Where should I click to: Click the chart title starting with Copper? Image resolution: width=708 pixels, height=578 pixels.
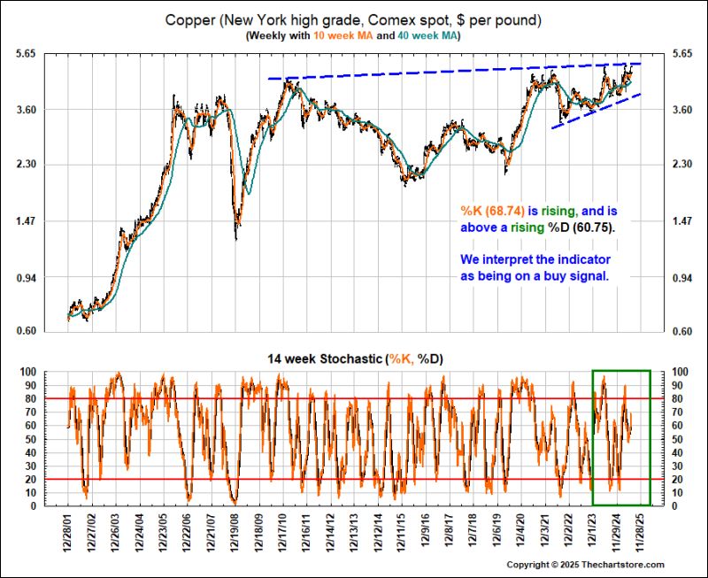pyautogui.click(x=353, y=19)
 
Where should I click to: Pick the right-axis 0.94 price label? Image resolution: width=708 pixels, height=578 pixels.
pyautogui.click(x=683, y=278)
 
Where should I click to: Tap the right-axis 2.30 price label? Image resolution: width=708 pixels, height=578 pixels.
pyautogui.click(x=683, y=165)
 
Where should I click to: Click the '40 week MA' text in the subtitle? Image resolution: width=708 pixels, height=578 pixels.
pyautogui.click(x=426, y=35)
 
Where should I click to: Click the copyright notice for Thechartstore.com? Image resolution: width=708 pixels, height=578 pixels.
pyautogui.click(x=585, y=565)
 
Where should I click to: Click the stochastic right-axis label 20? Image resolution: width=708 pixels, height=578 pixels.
pyautogui.click(x=681, y=480)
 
